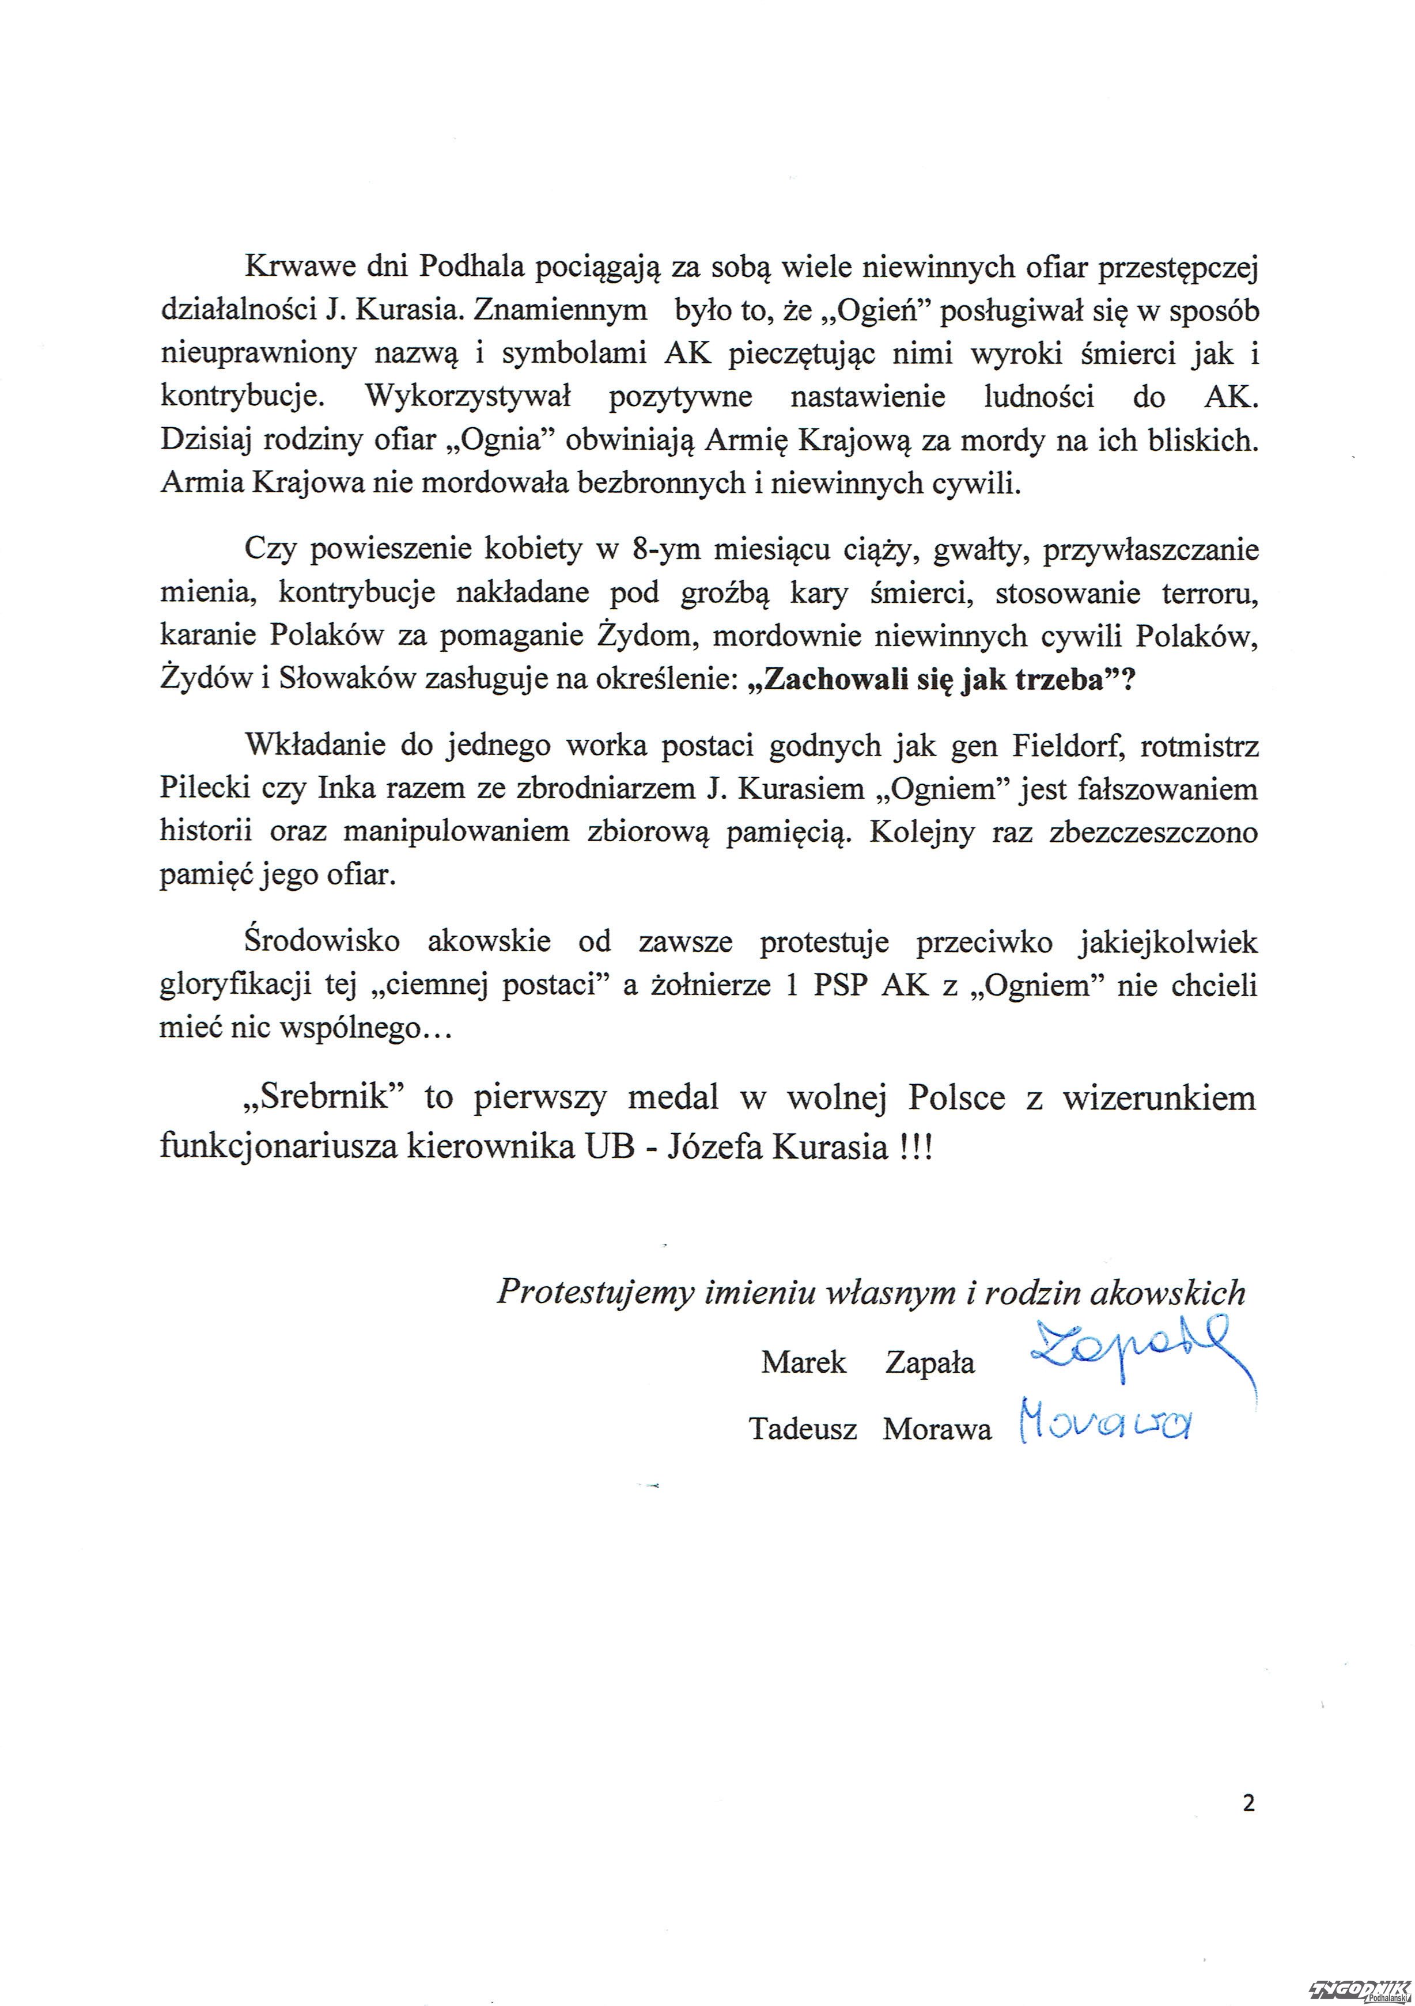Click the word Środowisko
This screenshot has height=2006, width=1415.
point(323,943)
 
